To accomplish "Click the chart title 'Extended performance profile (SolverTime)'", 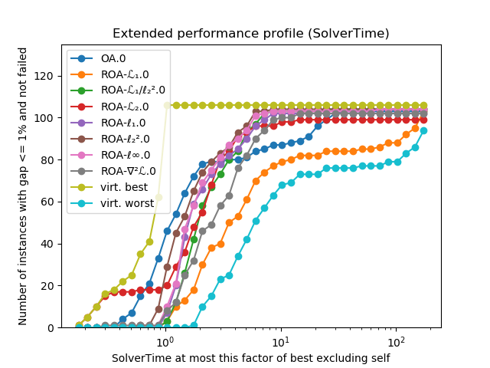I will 250,34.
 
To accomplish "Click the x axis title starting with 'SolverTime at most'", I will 250,358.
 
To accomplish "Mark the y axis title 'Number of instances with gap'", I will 23,186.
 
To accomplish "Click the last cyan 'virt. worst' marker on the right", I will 423,130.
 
